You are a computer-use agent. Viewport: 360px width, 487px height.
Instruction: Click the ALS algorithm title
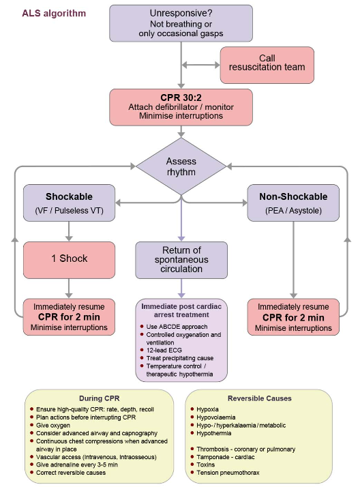54,14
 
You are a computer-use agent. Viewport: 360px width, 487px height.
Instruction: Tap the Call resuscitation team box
267,65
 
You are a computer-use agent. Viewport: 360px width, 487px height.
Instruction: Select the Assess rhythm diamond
181,166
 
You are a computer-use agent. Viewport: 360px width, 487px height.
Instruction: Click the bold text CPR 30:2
181,98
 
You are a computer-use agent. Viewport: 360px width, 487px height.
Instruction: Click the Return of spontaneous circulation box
181,260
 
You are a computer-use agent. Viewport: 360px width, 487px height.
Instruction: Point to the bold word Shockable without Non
70,196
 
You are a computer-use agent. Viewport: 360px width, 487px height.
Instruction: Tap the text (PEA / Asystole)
293,211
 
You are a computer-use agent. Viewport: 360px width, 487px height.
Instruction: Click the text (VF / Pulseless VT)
70,211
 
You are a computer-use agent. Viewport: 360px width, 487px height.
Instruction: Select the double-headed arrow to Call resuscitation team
200,65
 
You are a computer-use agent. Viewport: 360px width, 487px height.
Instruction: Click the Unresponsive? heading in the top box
181,14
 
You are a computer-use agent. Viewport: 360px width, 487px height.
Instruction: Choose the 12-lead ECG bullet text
164,351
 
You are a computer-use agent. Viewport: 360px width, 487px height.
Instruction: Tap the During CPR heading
100,398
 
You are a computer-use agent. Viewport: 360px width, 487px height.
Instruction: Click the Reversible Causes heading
260,398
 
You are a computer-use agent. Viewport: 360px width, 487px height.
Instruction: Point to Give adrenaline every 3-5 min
77,464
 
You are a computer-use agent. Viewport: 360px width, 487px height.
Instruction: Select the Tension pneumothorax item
228,473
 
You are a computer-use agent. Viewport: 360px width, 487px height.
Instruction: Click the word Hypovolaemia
216,417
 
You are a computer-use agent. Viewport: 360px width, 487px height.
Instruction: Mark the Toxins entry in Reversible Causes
206,464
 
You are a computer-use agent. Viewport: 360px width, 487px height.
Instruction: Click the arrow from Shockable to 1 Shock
69,231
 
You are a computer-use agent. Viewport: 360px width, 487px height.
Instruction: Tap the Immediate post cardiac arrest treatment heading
181,310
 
